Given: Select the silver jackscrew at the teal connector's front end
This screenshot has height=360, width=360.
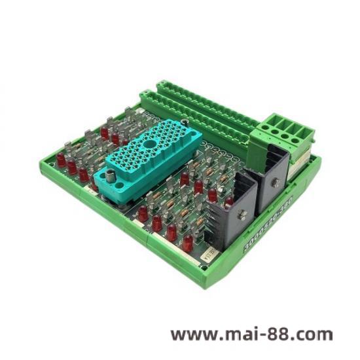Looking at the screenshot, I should [109, 175].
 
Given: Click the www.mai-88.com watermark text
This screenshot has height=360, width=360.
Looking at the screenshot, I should [251, 334].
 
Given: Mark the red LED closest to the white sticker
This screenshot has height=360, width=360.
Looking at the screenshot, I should [187, 243].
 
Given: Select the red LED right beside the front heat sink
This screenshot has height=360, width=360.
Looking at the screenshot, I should [212, 194].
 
